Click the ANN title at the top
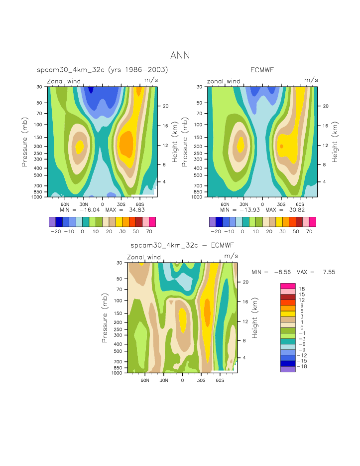180,55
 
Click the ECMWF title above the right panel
262,70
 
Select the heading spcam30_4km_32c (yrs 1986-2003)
103,70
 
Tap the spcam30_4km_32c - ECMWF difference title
182,246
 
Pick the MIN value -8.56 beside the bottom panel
277,272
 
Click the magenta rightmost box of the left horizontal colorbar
152,222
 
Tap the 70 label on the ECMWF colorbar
310,232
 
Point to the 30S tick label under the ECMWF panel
281,204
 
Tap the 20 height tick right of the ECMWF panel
324,106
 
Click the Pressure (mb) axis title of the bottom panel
105,317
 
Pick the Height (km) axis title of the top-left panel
175,142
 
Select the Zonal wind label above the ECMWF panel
224,81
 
